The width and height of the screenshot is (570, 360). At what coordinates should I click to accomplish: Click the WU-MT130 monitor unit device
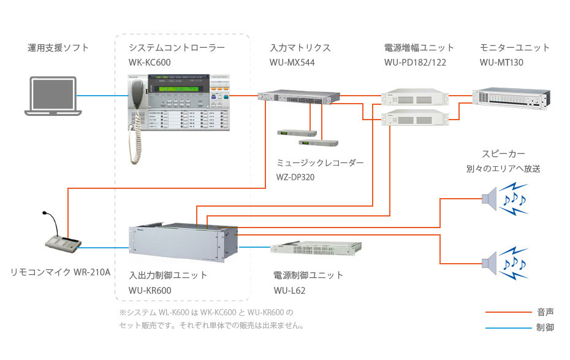[508, 99]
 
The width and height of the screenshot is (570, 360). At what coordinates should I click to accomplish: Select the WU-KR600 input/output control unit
[183, 240]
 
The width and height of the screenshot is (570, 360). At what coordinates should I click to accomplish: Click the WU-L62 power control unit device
[313, 249]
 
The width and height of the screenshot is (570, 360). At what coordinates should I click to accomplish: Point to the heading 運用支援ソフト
[58, 47]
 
